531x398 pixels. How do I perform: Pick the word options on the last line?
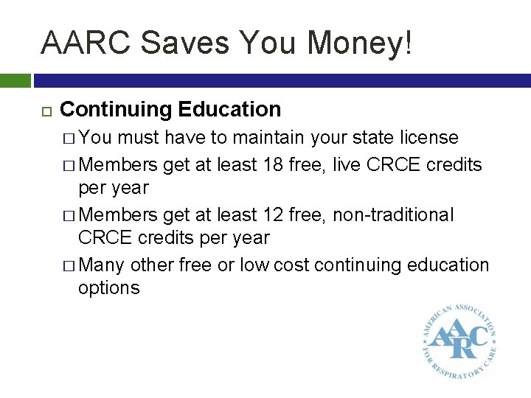(108, 287)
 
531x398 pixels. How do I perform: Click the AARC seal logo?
(458, 339)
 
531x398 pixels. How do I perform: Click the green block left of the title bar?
(15, 80)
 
